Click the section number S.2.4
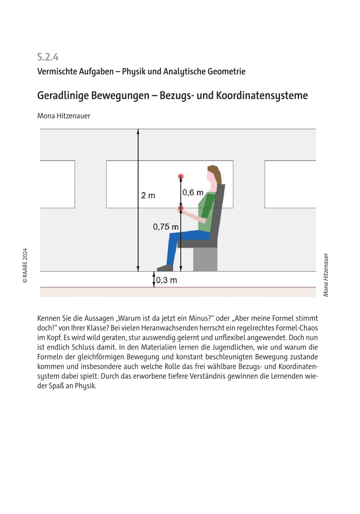coord(48,57)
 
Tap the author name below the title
coord(64,115)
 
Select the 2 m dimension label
coord(148,196)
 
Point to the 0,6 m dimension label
coord(193,193)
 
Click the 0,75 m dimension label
coord(166,227)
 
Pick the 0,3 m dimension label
coord(166,281)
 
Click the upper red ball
coord(181,176)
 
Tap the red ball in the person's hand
coord(181,208)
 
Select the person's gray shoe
coord(165,268)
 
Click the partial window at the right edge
coord(290,184)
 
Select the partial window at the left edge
coord(57,184)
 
